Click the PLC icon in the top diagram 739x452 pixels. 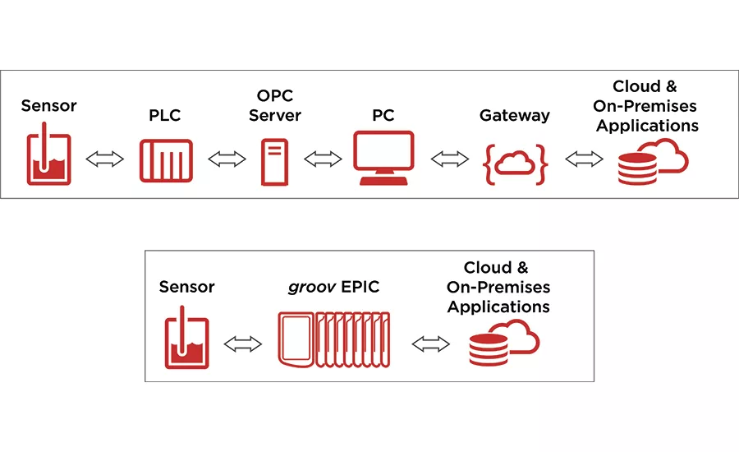tap(166, 159)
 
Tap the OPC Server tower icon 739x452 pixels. tap(273, 161)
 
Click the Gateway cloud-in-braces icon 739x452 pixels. tap(515, 162)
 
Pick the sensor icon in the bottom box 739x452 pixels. tap(189, 338)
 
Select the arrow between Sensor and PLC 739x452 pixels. tap(104, 159)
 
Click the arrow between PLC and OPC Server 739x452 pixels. tap(227, 159)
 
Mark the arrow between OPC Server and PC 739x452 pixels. tap(323, 159)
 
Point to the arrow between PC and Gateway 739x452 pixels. tap(449, 159)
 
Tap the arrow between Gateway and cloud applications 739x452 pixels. tap(584, 159)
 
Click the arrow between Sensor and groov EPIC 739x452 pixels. tap(242, 344)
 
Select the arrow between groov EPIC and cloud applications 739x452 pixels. tap(431, 344)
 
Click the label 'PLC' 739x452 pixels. tap(165, 116)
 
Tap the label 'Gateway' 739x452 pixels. tap(515, 116)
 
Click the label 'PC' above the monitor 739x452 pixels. tap(383, 116)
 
